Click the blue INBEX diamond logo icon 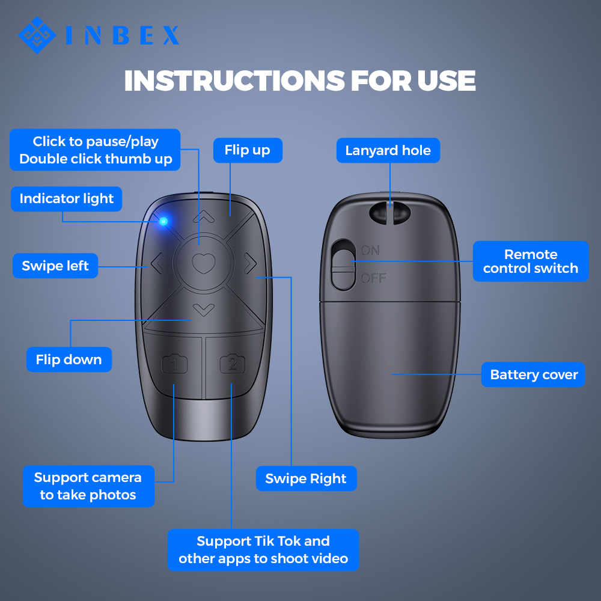(38, 34)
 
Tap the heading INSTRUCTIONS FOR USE (300, 81)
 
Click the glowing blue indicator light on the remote (163, 222)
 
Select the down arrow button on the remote (204, 310)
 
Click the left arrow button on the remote (156, 263)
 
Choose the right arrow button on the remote (250, 263)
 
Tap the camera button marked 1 (175, 364)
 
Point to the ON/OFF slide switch (343, 264)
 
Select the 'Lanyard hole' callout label (388, 150)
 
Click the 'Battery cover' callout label (533, 374)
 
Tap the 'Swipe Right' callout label (306, 478)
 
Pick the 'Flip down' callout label (69, 359)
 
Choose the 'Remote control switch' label (531, 261)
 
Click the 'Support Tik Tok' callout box (263, 549)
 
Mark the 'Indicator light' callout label (66, 199)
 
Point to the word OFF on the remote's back (373, 278)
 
